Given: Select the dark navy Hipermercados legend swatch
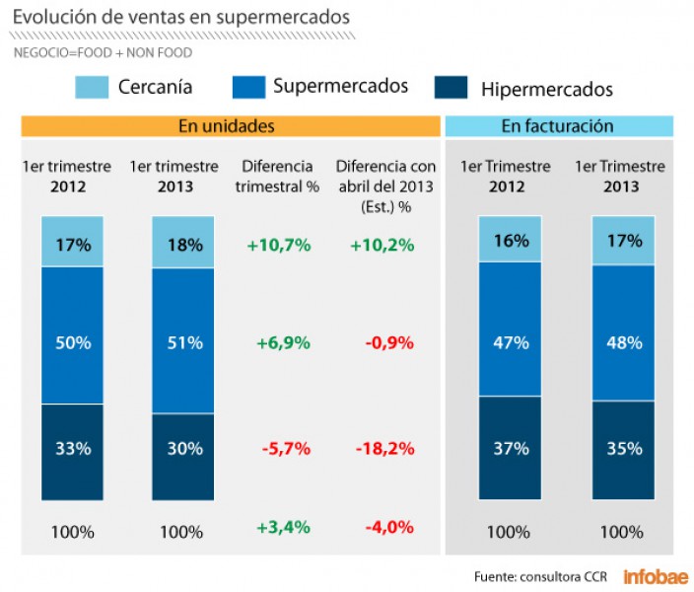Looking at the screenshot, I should pyautogui.click(x=451, y=87).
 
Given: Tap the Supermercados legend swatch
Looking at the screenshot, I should pyautogui.click(x=248, y=87).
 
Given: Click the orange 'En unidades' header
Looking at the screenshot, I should pyautogui.click(x=231, y=126).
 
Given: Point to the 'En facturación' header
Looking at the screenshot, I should pyautogui.click(x=558, y=126).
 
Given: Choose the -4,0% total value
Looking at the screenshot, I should pyautogui.click(x=387, y=528).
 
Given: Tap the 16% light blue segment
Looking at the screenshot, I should pyautogui.click(x=509, y=240).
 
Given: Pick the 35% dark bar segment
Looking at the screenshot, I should pyautogui.click(x=622, y=449).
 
